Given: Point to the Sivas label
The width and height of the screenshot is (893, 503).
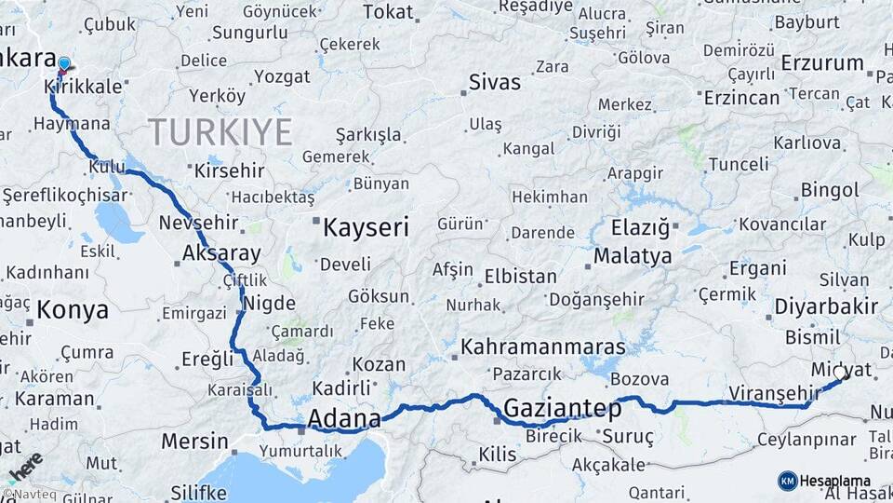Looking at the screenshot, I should (x=494, y=82).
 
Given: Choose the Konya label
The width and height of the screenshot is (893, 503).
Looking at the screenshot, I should (x=73, y=309).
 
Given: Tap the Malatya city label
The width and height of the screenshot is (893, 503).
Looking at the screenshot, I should (x=633, y=255).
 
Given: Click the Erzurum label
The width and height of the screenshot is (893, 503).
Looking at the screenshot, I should (x=822, y=62).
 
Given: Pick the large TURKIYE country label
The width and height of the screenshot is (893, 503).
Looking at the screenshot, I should (x=220, y=132).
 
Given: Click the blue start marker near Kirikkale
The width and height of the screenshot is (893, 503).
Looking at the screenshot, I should (x=63, y=64).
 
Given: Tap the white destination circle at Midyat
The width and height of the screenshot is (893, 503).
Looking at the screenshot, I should (x=840, y=373).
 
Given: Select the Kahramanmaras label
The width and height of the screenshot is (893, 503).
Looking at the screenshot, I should (x=543, y=347).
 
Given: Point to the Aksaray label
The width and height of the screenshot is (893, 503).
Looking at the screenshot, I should (x=221, y=252).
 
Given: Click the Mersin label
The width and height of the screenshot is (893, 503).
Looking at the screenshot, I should (x=194, y=441).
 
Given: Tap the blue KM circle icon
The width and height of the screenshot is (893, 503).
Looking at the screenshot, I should (x=788, y=481).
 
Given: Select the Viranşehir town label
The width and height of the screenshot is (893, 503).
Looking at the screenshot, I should (x=772, y=392).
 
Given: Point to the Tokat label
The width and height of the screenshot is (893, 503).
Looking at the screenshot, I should (x=387, y=11).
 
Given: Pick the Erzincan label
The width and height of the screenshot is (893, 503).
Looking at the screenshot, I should (x=741, y=97).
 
